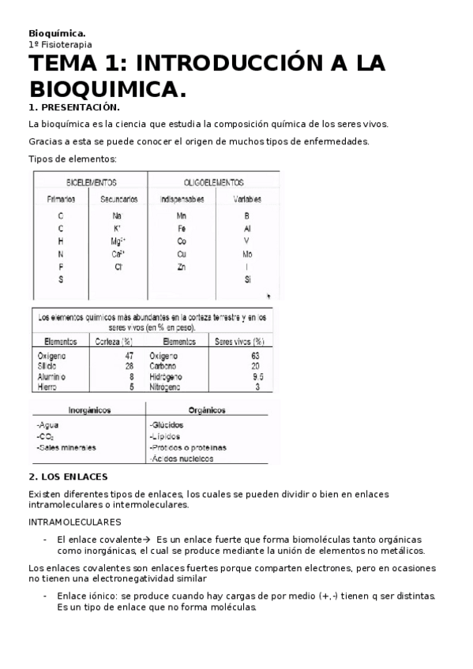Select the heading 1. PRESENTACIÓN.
pyautogui.click(x=74, y=107)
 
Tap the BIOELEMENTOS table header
pyautogui.click(x=91, y=181)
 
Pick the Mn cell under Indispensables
pyautogui.click(x=182, y=215)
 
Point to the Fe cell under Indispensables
pyautogui.click(x=182, y=228)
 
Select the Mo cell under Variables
pyautogui.click(x=247, y=254)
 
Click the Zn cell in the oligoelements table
pyautogui.click(x=182, y=267)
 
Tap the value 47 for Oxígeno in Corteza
pyautogui.click(x=130, y=356)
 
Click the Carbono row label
pyautogui.click(x=164, y=366)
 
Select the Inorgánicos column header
pyautogui.click(x=88, y=410)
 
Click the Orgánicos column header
pyautogui.click(x=208, y=410)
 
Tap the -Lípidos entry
pyautogui.click(x=165, y=435)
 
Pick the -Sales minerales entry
pyautogui.click(x=66, y=447)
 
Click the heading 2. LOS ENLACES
pyautogui.click(x=68, y=477)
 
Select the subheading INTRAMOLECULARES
pyautogui.click(x=75, y=522)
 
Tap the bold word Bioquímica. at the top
pyautogui.click(x=57, y=33)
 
